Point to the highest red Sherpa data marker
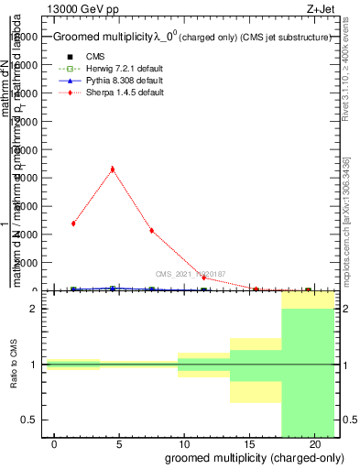(x=112, y=169)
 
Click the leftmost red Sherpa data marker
(x=73, y=224)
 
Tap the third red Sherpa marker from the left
(x=151, y=231)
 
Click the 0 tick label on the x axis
(x=55, y=443)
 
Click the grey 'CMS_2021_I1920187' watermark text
(x=190, y=273)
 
